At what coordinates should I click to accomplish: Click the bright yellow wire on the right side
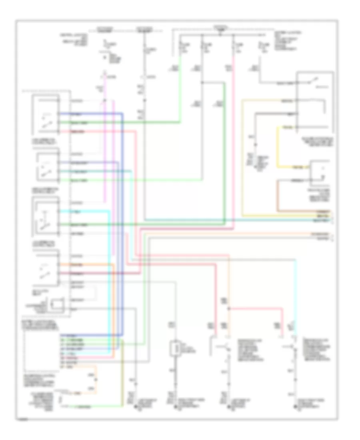[x=279, y=148]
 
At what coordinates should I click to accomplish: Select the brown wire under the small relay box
[x=279, y=196]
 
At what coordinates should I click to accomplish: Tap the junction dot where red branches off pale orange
[x=229, y=308]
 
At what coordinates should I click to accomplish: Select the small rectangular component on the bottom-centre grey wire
[x=175, y=348]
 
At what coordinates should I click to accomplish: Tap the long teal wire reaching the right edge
[x=240, y=220]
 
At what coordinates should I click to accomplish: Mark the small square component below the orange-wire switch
[x=58, y=304]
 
